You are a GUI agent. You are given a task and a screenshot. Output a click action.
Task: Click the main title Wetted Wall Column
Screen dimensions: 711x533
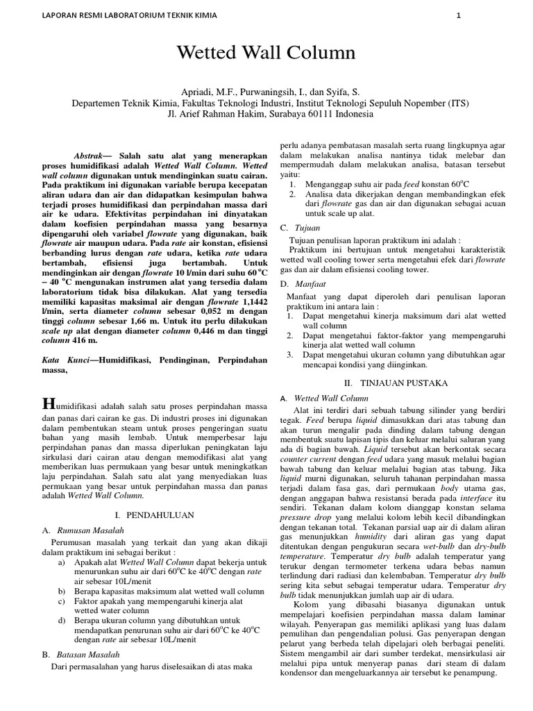(x=266, y=53)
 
